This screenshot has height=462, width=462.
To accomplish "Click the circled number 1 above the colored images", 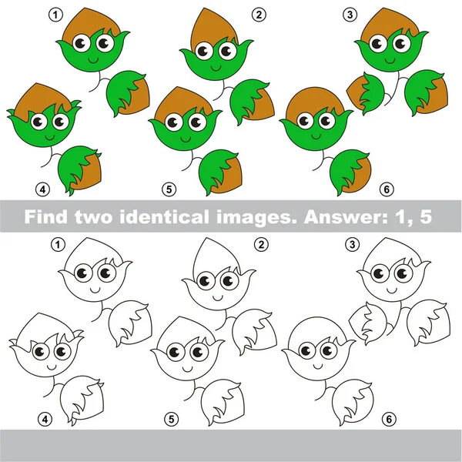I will [x=55, y=13].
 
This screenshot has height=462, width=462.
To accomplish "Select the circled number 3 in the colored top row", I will [x=351, y=14].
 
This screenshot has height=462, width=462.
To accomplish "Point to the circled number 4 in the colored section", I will [x=43, y=187].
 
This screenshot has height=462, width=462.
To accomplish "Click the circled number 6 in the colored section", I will [x=386, y=187].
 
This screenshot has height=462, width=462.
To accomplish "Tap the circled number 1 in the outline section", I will [x=55, y=244].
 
